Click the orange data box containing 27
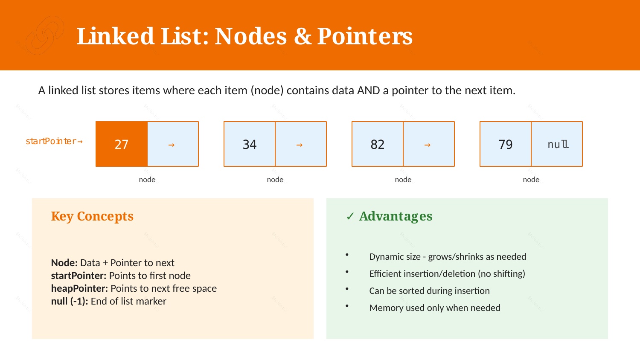[122, 144]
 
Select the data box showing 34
[250, 144]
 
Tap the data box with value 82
[378, 144]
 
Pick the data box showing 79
[506, 144]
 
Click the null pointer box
[557, 144]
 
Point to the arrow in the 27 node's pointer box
[172, 145]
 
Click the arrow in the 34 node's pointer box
[300, 145]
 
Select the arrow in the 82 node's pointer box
[428, 145]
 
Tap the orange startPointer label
[54, 141]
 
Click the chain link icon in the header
[44, 35]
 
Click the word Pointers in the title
[365, 36]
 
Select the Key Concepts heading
[92, 216]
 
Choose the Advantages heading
[396, 216]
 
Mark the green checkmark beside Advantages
[350, 216]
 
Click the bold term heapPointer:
[79, 289]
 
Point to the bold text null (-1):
[70, 301]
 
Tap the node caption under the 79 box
[531, 180]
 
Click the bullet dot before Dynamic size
[347, 255]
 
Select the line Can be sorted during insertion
[429, 291]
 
